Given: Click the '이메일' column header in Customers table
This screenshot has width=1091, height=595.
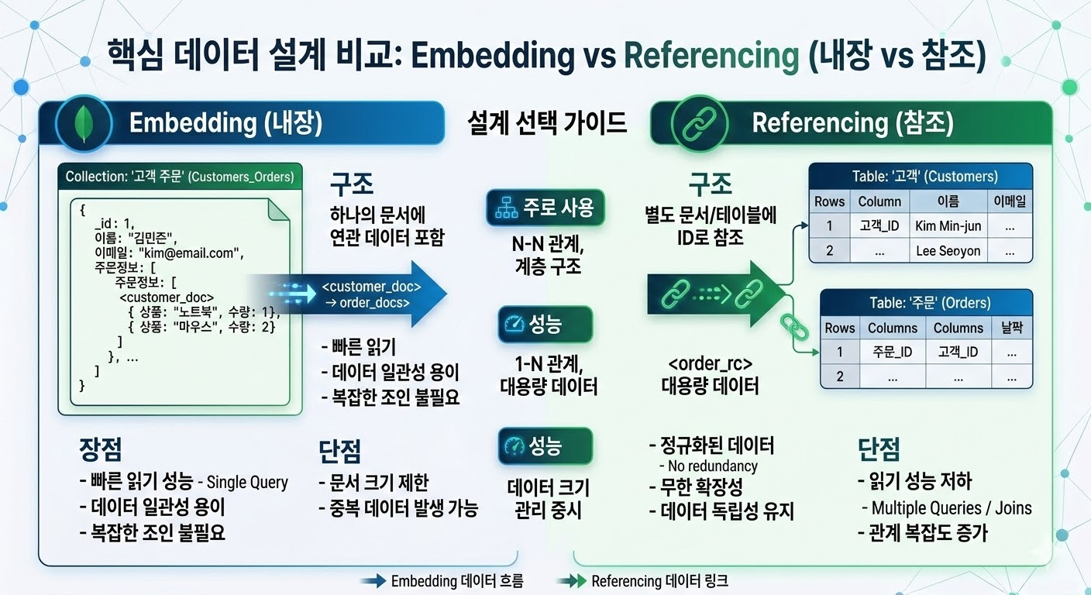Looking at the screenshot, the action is point(1010,201).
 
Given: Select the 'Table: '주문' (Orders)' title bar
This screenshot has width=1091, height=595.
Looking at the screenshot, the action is point(926,302).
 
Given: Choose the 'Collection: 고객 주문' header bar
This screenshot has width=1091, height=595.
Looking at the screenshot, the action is point(180,177).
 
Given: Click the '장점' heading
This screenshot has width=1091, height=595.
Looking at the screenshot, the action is point(100,449).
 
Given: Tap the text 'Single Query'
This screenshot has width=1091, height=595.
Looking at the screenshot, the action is point(247,482).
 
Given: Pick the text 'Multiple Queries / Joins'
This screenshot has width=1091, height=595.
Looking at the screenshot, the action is point(951,508).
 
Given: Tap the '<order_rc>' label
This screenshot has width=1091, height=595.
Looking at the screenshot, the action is point(710,363).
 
